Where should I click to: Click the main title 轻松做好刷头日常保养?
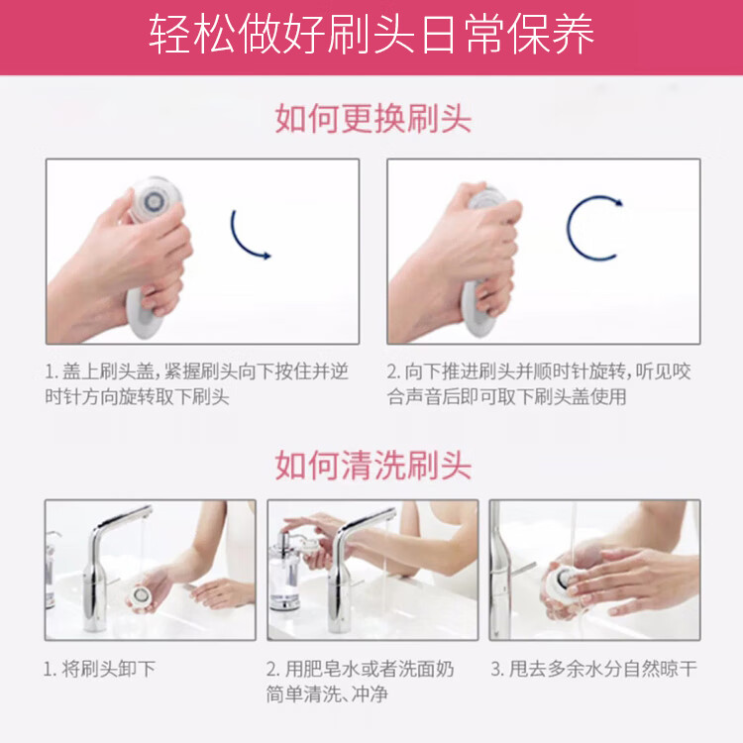click(x=371, y=34)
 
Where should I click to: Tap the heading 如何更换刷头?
click(x=372, y=119)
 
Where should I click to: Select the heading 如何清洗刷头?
click(x=372, y=466)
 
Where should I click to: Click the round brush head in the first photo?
click(x=155, y=200)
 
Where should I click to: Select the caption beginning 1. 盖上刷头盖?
click(x=197, y=383)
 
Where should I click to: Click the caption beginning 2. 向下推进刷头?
click(x=539, y=383)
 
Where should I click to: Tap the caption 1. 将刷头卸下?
click(x=99, y=669)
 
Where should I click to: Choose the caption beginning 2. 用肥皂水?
click(x=361, y=682)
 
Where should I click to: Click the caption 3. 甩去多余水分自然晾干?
click(x=593, y=669)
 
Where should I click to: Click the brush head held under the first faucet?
click(x=141, y=595)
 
